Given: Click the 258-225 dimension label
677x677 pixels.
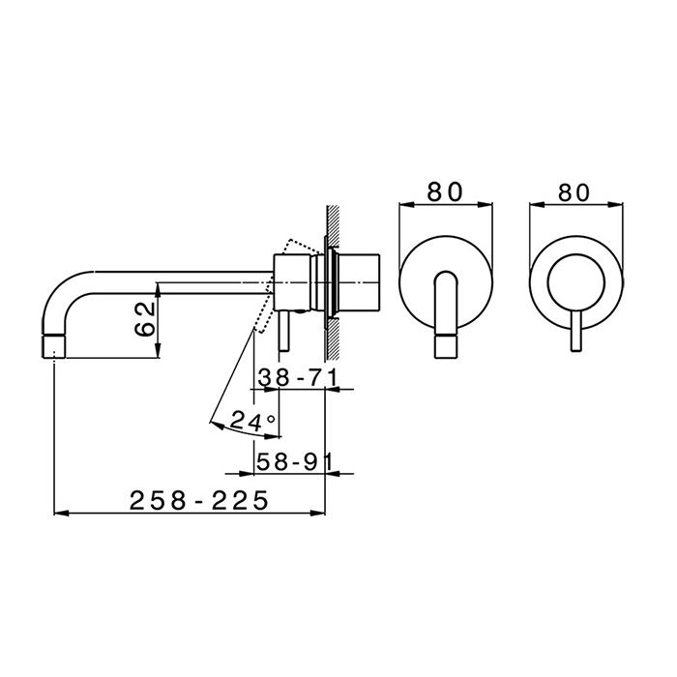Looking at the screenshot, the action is pos(199,500).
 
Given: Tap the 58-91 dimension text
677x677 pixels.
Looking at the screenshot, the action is pos(295,462).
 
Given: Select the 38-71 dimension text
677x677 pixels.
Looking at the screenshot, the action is pos(297,378).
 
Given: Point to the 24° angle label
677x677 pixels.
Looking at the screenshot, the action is pos(252,420).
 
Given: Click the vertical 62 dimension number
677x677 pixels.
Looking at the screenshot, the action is pos(145,319).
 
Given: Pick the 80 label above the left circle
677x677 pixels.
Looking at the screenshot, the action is pos(445,191).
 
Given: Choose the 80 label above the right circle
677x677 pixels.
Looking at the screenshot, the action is pos(574,192).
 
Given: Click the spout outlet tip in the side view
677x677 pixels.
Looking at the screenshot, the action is pos(54,346).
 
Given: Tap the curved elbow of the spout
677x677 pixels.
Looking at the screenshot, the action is pos(60,291).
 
